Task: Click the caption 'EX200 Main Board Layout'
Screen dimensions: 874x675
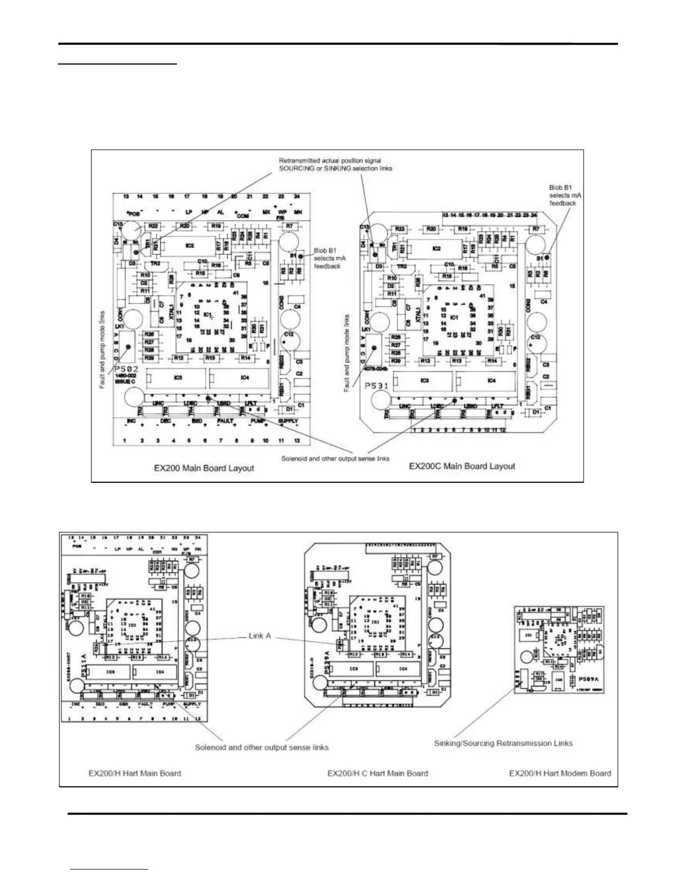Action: coord(204,468)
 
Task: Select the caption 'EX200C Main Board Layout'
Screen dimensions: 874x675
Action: coord(462,466)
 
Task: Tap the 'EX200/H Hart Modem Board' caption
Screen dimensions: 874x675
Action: coord(560,773)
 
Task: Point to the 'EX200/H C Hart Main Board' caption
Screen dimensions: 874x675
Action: coord(377,773)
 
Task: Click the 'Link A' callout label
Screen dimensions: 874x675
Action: coord(261,636)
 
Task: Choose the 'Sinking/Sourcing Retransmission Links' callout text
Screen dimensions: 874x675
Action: coord(503,743)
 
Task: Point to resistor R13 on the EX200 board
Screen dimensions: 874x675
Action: coord(210,358)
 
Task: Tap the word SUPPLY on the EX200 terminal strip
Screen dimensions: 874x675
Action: coord(288,421)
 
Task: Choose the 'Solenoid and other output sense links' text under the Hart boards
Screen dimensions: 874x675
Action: coord(261,747)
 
